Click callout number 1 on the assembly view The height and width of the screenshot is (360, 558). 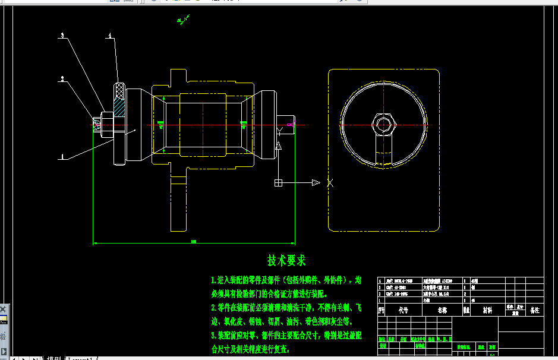tap(62, 158)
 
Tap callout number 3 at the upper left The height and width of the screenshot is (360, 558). tap(62, 36)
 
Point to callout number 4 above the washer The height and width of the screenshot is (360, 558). tap(110, 36)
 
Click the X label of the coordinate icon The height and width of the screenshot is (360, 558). tap(330, 183)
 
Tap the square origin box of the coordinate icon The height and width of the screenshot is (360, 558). tap(278, 183)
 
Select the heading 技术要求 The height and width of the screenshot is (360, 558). tap(286, 261)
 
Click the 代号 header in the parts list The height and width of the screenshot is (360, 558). tap(403, 310)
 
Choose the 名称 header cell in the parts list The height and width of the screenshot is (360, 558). tap(442, 310)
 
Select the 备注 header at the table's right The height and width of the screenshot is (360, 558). tap(535, 310)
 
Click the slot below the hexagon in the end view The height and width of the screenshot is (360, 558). tap(383, 149)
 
